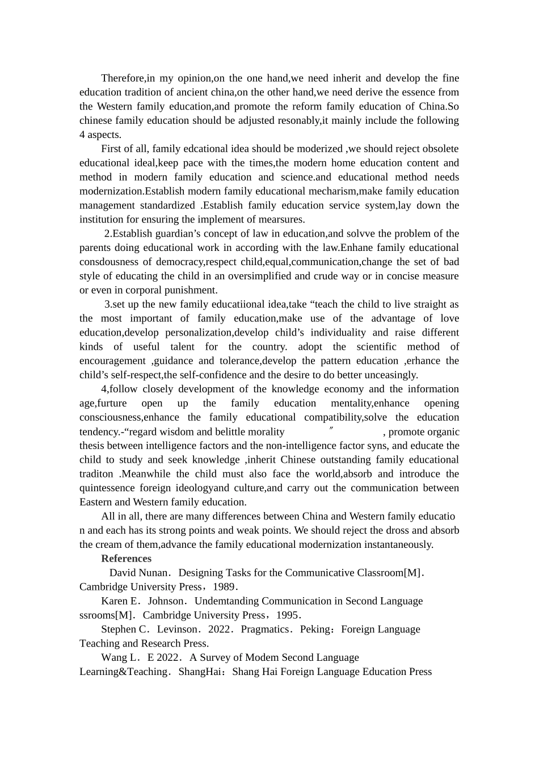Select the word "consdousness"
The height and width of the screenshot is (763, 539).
108,262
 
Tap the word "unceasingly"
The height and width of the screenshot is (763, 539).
390,375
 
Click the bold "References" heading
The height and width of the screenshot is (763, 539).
126,559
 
